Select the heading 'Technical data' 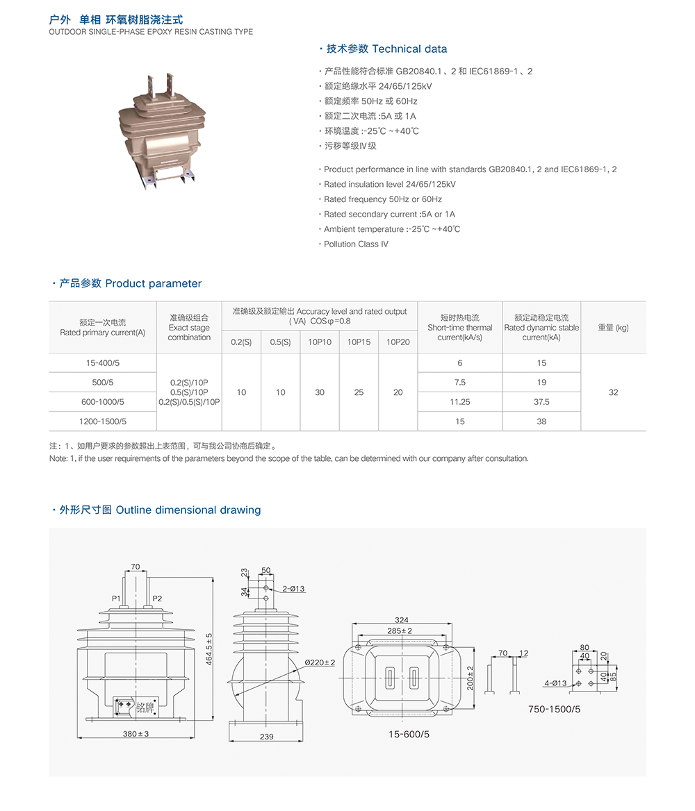409,49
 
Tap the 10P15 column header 359,342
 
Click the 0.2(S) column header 241,342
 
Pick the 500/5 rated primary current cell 104,382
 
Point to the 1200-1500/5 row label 104,421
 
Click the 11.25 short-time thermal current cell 459,401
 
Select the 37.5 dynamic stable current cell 541,401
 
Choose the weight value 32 613,392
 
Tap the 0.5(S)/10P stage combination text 189,392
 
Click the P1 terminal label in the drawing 116,599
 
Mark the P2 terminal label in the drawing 157,599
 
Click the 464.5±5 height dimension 209,649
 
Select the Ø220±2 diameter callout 320,662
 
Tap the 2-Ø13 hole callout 293,589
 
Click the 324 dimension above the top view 401,619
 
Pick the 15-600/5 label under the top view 409,734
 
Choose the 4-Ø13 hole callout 555,683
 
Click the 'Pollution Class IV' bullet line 356,244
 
